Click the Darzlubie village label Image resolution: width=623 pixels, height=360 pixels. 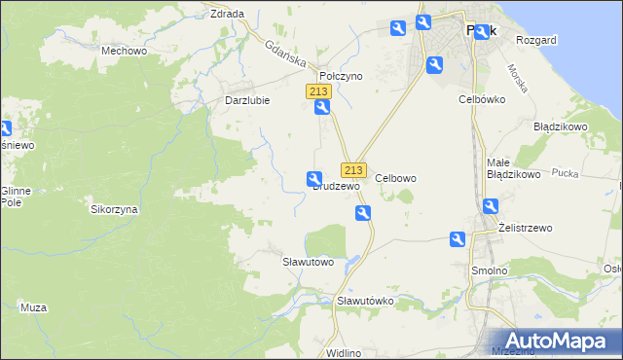pyautogui.click(x=246, y=100)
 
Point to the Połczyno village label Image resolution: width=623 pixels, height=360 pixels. pyautogui.click(x=341, y=76)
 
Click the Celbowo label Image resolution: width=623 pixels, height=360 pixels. pyautogui.click(x=396, y=178)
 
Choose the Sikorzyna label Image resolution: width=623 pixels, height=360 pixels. pyautogui.click(x=115, y=209)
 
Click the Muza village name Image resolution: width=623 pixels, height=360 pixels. pyautogui.click(x=33, y=307)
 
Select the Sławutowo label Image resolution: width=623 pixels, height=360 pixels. pyautogui.click(x=308, y=262)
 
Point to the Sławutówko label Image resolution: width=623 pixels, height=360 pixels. pyautogui.click(x=365, y=301)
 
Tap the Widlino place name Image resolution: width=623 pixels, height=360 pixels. pyautogui.click(x=345, y=352)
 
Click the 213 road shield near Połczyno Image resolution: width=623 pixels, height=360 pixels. pyautogui.click(x=320, y=91)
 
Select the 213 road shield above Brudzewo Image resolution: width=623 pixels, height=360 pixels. pyautogui.click(x=353, y=169)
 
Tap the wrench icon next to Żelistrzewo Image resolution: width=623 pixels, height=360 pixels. pyautogui.click(x=491, y=206)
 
